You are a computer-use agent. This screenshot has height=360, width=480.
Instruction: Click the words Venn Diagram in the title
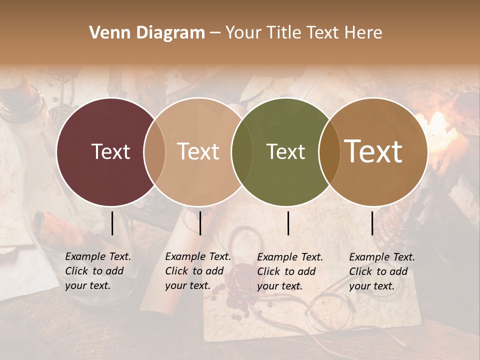coord(147,33)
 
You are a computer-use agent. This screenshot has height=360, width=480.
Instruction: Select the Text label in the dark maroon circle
coord(110,152)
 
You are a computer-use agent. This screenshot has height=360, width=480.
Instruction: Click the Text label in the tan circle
coord(198,152)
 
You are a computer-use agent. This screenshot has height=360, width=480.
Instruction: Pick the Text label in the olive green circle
coord(285,152)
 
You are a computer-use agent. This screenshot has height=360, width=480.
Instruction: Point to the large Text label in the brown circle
coord(373,151)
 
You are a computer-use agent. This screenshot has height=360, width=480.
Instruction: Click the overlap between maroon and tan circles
coord(154,152)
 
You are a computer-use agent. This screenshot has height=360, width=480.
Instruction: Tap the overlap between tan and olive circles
coord(242,152)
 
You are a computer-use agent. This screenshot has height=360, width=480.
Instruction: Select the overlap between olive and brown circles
coord(329,152)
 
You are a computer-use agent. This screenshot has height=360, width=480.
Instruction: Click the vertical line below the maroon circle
coord(112,223)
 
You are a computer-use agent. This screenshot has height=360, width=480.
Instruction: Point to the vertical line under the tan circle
coord(200,223)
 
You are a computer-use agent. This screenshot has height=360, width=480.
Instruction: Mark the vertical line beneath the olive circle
coord(288,223)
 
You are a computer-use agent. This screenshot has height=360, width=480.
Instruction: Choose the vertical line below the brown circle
coord(372,223)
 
